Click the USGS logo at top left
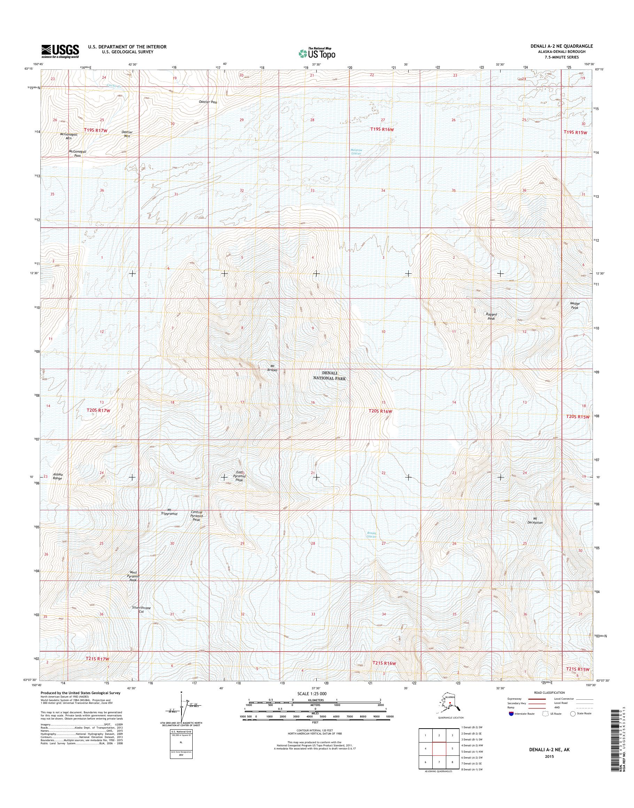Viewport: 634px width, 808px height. coord(60,51)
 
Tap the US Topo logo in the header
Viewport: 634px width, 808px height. coord(317,53)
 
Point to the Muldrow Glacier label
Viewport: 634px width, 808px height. coord(356,151)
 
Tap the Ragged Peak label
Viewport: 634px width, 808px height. coord(492,316)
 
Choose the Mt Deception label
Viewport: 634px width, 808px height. coord(535,520)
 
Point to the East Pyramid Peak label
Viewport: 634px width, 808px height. coord(239,476)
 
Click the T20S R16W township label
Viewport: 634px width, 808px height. coord(380,411)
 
